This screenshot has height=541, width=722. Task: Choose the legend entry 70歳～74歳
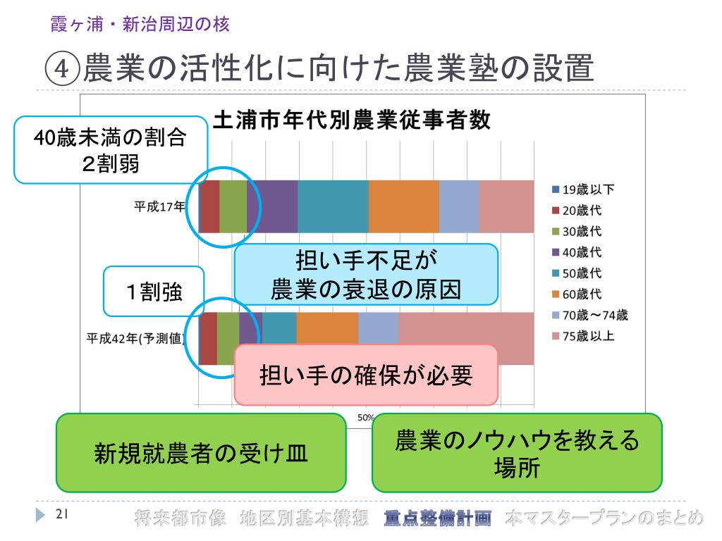(589, 315)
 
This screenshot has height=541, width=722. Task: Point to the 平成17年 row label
(160, 206)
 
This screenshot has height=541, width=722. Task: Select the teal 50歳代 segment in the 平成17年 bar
(333, 206)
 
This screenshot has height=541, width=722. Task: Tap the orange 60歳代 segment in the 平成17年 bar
(404, 206)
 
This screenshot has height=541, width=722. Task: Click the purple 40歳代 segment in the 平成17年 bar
(272, 206)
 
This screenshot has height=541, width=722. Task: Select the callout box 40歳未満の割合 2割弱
(111, 150)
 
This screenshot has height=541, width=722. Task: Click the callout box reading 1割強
(154, 291)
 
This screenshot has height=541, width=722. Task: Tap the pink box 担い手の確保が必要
(366, 375)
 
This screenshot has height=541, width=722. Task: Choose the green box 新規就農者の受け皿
(201, 453)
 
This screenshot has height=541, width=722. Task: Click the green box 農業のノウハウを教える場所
(517, 453)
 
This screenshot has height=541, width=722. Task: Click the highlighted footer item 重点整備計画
(437, 518)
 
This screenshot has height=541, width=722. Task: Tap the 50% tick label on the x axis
(365, 417)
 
